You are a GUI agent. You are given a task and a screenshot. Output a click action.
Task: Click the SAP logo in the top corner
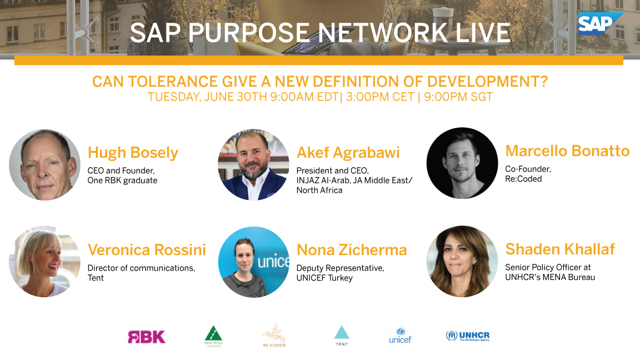point(599,23)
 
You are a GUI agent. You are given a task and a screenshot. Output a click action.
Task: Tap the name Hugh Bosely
point(133,153)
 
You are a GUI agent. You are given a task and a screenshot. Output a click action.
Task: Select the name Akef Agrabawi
point(348,153)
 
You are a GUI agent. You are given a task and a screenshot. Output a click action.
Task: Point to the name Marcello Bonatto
point(567,151)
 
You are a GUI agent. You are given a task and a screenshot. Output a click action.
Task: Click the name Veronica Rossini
point(147,250)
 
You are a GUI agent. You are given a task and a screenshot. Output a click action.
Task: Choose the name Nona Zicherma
point(352,250)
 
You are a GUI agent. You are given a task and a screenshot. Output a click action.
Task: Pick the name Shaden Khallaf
point(559,249)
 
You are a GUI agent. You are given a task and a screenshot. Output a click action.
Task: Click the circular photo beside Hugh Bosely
point(45,165)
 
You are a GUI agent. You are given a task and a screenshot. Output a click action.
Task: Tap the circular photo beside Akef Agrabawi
point(253,165)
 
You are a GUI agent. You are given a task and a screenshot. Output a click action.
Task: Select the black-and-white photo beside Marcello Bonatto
point(462,163)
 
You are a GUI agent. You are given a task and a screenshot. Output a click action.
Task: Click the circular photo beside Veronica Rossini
point(45,262)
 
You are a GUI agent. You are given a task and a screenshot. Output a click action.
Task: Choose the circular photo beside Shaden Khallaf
point(462,262)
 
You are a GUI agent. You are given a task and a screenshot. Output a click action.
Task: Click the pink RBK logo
point(146,337)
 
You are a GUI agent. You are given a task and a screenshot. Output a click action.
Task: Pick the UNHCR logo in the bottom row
point(467,336)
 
